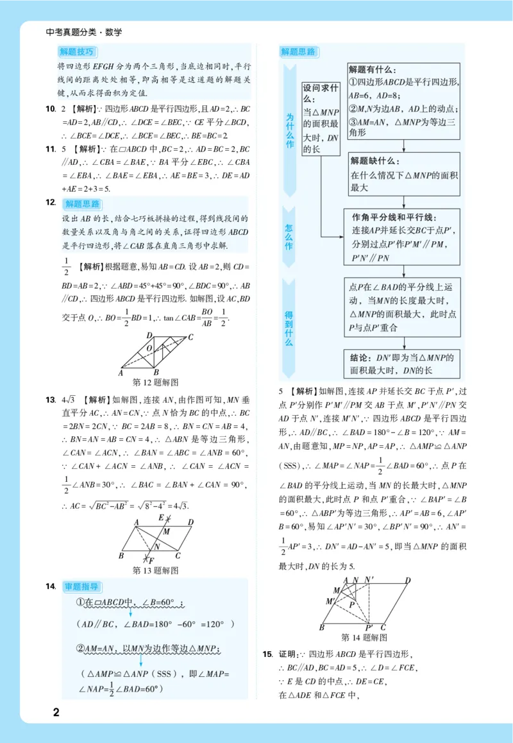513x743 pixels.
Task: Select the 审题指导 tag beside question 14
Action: [x=81, y=586]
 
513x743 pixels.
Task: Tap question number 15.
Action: [x=267, y=654]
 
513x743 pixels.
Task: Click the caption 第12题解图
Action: [x=155, y=382]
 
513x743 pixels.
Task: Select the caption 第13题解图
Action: [x=155, y=570]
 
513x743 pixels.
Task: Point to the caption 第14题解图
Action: [x=364, y=637]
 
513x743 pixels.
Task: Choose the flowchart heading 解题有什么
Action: [x=372, y=69]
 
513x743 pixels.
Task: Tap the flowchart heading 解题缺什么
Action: [x=373, y=160]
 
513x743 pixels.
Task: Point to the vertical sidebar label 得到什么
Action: [x=289, y=328]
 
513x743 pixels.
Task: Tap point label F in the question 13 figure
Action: [x=151, y=560]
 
